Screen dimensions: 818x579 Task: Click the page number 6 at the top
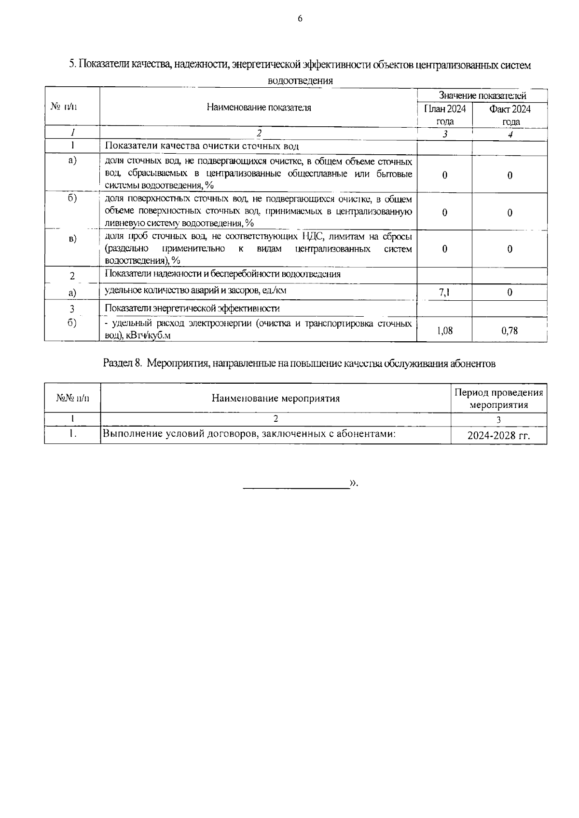pyautogui.click(x=300, y=19)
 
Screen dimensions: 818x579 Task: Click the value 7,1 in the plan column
pyautogui.click(x=444, y=292)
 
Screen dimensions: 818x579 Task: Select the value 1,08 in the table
pyautogui.click(x=444, y=330)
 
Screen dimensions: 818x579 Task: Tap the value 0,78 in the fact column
pyautogui.click(x=510, y=330)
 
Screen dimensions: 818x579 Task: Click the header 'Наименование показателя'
pyautogui.click(x=259, y=107)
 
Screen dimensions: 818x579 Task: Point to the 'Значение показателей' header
pyautogui.click(x=482, y=96)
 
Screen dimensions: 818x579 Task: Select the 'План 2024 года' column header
pyautogui.click(x=444, y=115)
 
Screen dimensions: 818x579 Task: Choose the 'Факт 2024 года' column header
pyautogui.click(x=510, y=115)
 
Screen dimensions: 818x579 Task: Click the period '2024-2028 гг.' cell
pyautogui.click(x=498, y=436)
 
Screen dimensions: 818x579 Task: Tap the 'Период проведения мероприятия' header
pyautogui.click(x=498, y=399)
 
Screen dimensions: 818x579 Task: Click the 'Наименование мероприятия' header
pyautogui.click(x=276, y=398)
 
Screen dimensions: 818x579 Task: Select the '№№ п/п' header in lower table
pyautogui.click(x=72, y=398)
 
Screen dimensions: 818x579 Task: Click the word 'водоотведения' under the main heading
pyautogui.click(x=300, y=80)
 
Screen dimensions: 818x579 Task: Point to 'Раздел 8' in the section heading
pyautogui.click(x=122, y=363)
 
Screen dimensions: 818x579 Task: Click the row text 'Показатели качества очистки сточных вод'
pyautogui.click(x=202, y=146)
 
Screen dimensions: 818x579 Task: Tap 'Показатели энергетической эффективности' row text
pyautogui.click(x=192, y=308)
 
